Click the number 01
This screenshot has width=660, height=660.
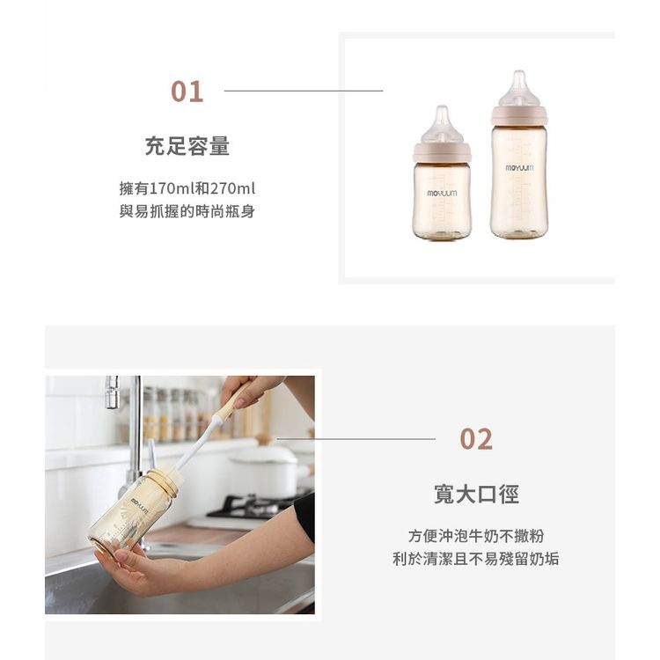(x=187, y=92)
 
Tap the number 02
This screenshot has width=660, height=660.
(x=475, y=439)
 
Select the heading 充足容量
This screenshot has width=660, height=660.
(x=187, y=146)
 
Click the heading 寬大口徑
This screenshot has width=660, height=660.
(x=476, y=494)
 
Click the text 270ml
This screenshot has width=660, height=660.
(x=233, y=188)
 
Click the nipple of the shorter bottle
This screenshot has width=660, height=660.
(x=442, y=125)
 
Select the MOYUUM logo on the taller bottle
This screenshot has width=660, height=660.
(x=519, y=168)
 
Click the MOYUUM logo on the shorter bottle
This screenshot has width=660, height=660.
(x=442, y=194)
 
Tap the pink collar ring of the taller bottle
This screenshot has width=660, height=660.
(x=519, y=115)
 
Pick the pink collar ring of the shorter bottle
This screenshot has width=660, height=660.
(x=442, y=151)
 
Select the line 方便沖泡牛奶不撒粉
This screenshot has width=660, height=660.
(x=476, y=536)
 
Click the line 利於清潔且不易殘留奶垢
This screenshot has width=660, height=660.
(x=476, y=559)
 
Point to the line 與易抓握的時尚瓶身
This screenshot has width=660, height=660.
(x=187, y=211)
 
